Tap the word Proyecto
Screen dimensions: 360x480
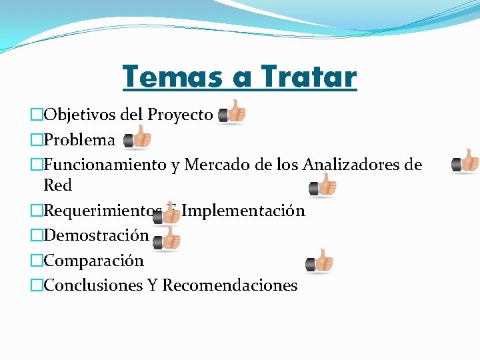pyautogui.click(x=180, y=115)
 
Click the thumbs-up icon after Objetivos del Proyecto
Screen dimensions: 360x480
pyautogui.click(x=232, y=113)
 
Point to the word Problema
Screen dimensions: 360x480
pyautogui.click(x=79, y=140)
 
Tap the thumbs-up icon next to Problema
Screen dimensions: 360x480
pyautogui.click(x=137, y=138)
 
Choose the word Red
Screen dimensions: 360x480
pyautogui.click(x=57, y=185)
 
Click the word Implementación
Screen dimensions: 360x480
pyautogui.click(x=243, y=211)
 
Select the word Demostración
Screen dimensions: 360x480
pyautogui.click(x=96, y=235)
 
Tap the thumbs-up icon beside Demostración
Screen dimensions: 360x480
pyautogui.click(x=167, y=239)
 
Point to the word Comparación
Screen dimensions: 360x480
pyautogui.click(x=93, y=261)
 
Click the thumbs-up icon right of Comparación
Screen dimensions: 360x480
pyautogui.click(x=320, y=261)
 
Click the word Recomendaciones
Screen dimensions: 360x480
pyautogui.click(x=230, y=285)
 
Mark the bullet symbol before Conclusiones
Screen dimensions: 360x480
pyautogui.click(x=36, y=286)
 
